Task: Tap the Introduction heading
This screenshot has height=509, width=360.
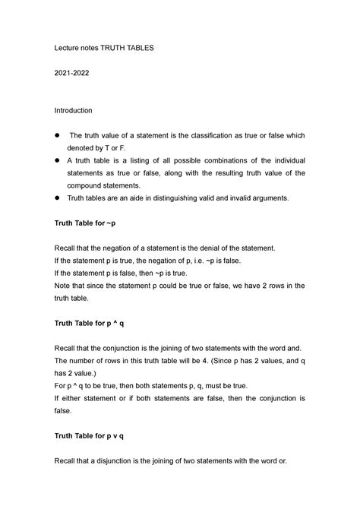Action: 73,110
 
